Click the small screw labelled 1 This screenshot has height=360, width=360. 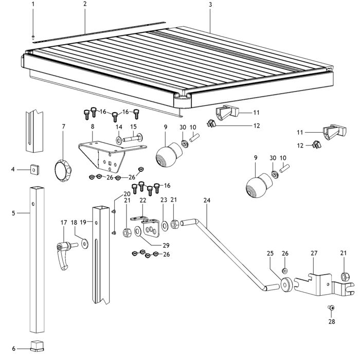click(33, 37)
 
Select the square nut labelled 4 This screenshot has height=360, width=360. click(34, 170)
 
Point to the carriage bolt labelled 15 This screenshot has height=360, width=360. click(133, 138)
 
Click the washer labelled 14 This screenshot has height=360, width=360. click(119, 140)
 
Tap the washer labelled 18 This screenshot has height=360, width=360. click(85, 244)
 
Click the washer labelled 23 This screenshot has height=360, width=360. click(165, 225)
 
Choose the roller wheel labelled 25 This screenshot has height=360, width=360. click(286, 285)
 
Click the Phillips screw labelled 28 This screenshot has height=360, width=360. click(331, 308)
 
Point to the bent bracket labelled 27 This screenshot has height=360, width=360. click(323, 284)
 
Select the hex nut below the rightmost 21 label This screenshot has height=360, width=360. click(344, 277)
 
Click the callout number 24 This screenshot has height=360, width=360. click(207, 200)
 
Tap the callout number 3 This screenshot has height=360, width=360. click(210, 5)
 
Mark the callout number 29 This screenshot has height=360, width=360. click(166, 245)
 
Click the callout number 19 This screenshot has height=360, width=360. click(83, 222)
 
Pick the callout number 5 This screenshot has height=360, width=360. click(13, 213)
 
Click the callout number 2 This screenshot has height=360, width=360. click(85, 4)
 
